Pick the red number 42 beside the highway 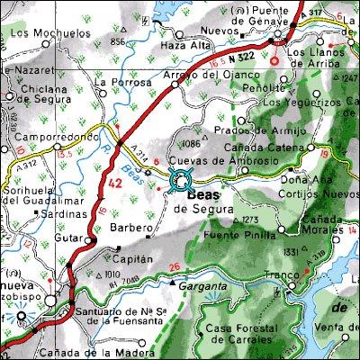click(x=114, y=183)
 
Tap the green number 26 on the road click(x=175, y=266)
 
